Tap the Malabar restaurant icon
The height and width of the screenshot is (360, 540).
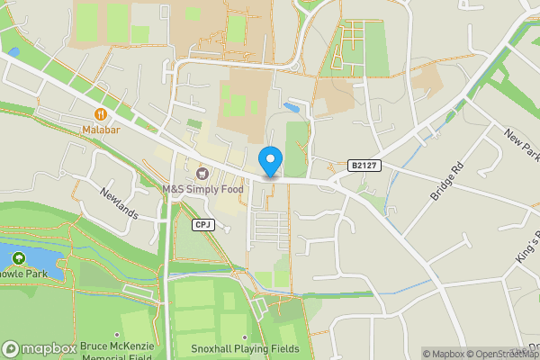pos(100,114)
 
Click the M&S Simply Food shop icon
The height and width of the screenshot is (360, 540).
pos(202,173)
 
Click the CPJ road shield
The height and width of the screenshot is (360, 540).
pos(202,224)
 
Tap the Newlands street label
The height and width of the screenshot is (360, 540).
pos(120,203)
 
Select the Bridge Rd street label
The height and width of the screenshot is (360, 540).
pos(445,181)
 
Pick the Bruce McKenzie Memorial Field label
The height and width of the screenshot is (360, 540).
pos(117,350)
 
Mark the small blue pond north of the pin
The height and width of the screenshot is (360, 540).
pos(291,107)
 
